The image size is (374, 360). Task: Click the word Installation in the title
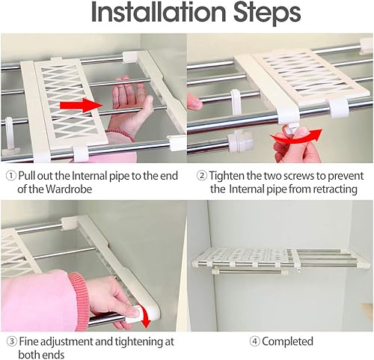pyautogui.click(x=159, y=13)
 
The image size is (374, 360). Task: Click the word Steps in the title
pyautogui.click(x=267, y=13)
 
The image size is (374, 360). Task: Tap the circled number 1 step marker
pyautogui.click(x=10, y=176)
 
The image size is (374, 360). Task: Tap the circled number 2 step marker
pyautogui.click(x=201, y=176)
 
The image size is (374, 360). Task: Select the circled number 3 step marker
pyautogui.click(x=11, y=341)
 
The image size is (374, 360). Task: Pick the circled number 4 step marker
pyautogui.click(x=254, y=341)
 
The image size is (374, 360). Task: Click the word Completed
pyautogui.click(x=287, y=341)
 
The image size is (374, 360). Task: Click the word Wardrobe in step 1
pyautogui.click(x=69, y=189)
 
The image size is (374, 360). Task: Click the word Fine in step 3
pyautogui.click(x=28, y=341)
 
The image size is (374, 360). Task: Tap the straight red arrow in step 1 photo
pyautogui.click(x=80, y=105)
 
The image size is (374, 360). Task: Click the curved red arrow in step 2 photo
pyautogui.click(x=296, y=138)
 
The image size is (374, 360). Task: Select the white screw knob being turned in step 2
pyautogui.click(x=291, y=129)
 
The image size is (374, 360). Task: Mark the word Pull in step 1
pyautogui.click(x=26, y=176)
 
